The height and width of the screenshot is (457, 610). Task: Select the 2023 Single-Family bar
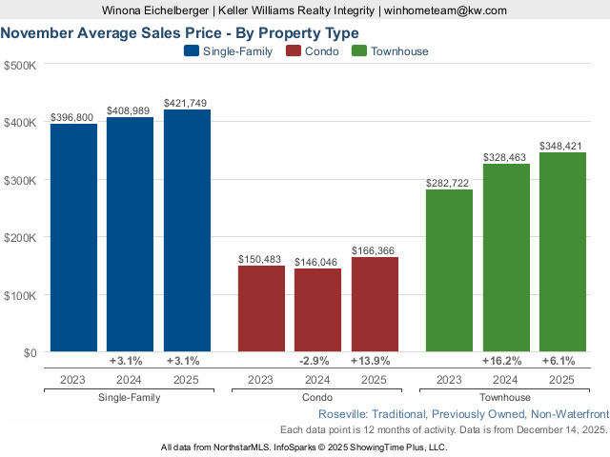point(73,238)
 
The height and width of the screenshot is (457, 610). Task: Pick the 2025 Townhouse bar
point(562,252)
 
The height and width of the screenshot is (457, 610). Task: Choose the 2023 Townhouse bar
point(449,271)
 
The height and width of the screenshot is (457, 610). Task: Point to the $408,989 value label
point(130,111)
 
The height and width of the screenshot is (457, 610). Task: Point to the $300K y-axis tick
point(20,180)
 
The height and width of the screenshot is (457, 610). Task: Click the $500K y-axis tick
point(20,66)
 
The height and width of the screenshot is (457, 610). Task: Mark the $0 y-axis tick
point(28,352)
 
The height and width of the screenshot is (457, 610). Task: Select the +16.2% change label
point(502,361)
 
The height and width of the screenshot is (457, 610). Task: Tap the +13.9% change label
point(374,361)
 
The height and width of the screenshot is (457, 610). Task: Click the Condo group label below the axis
point(317,397)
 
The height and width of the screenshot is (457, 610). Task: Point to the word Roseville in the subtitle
point(343,414)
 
